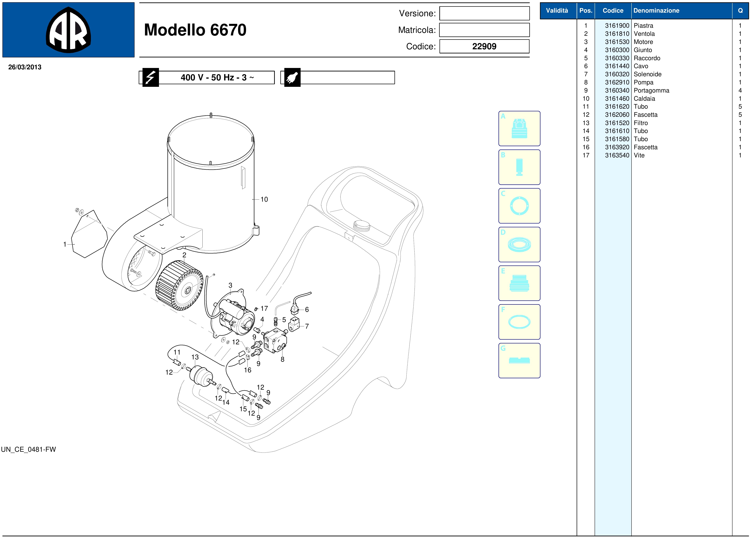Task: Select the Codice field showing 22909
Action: (x=484, y=46)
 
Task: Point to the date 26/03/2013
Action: (x=25, y=67)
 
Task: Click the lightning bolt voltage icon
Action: (x=151, y=77)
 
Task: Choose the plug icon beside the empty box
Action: (x=292, y=77)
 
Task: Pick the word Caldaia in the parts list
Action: (x=644, y=99)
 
